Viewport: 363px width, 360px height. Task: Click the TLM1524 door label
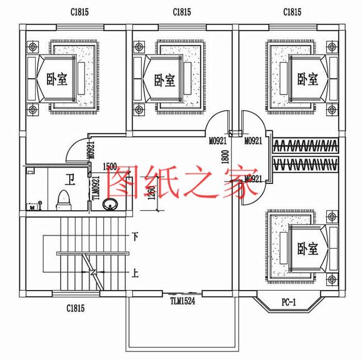point(183,302)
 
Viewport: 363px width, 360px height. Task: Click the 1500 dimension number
point(109,166)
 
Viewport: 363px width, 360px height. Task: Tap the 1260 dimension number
point(150,194)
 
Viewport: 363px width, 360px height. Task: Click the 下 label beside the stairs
point(135,236)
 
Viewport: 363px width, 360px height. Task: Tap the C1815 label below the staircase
point(75,308)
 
